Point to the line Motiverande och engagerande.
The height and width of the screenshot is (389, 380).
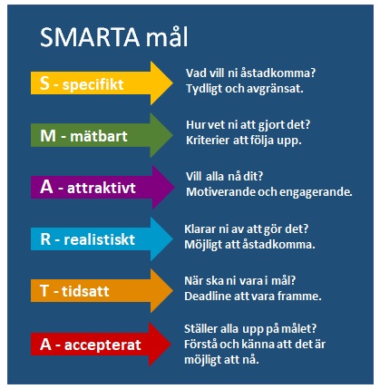pos(268,192)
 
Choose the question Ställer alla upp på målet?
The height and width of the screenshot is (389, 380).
pos(256,328)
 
